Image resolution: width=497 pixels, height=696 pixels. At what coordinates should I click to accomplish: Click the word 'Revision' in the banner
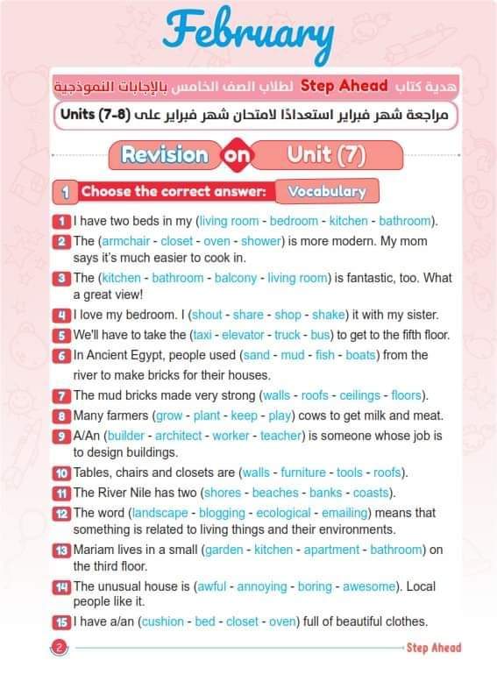[165, 155]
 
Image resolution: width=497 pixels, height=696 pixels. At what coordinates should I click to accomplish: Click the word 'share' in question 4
[249, 315]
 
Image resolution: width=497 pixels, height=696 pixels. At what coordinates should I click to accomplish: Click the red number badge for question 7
[61, 395]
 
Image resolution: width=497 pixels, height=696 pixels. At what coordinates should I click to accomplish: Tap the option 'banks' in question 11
[325, 493]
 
